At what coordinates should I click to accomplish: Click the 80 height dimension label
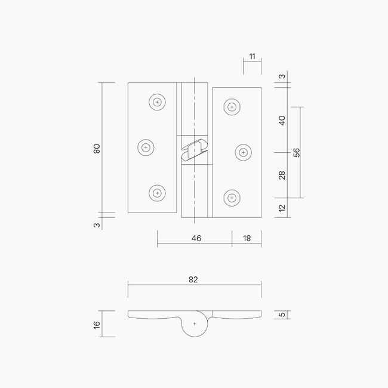click(97, 148)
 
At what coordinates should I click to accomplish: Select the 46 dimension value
click(196, 238)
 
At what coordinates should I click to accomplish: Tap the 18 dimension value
click(247, 238)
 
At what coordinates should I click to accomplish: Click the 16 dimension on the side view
click(97, 324)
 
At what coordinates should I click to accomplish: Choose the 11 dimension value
click(252, 56)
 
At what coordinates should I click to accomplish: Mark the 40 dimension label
click(282, 119)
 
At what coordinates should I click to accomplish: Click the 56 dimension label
click(297, 152)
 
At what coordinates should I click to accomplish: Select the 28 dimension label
click(282, 175)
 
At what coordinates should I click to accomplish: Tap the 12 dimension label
click(282, 208)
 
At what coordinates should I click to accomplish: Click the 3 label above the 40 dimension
click(282, 76)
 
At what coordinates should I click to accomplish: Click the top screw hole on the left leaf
click(157, 102)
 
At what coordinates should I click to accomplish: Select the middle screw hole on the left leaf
click(146, 147)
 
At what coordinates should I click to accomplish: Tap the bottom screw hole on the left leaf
click(157, 193)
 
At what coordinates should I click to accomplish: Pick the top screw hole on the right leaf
click(232, 107)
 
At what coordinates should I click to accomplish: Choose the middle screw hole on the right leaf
click(243, 152)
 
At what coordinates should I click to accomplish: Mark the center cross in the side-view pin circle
click(195, 323)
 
